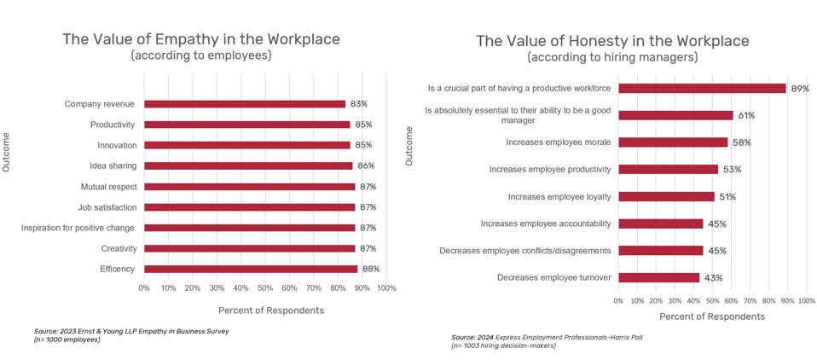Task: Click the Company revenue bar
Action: click(244, 104)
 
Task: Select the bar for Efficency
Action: click(250, 269)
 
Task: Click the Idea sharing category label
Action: click(113, 165)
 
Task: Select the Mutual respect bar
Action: click(249, 187)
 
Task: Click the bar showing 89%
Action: click(701, 88)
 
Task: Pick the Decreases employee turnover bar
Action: click(658, 277)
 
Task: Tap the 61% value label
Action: click(746, 115)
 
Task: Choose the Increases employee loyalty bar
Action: click(666, 196)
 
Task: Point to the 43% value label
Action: click(712, 278)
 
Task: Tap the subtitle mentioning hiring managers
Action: click(612, 57)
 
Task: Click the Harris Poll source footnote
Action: click(535, 338)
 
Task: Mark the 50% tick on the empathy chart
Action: click(265, 288)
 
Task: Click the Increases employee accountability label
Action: click(545, 224)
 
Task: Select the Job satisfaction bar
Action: click(249, 207)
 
